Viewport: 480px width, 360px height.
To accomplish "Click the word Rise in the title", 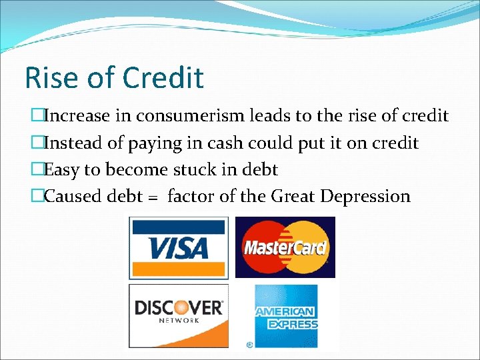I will [x=49, y=77].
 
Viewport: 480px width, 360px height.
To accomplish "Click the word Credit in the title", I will [x=163, y=77].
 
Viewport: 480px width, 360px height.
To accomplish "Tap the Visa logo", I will [x=179, y=247].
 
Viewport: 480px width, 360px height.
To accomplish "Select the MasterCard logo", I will [x=285, y=247].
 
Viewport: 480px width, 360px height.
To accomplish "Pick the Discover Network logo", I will [x=179, y=312].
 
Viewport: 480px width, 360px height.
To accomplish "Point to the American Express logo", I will [x=286, y=317].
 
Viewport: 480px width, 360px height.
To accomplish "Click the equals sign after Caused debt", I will [x=153, y=197].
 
